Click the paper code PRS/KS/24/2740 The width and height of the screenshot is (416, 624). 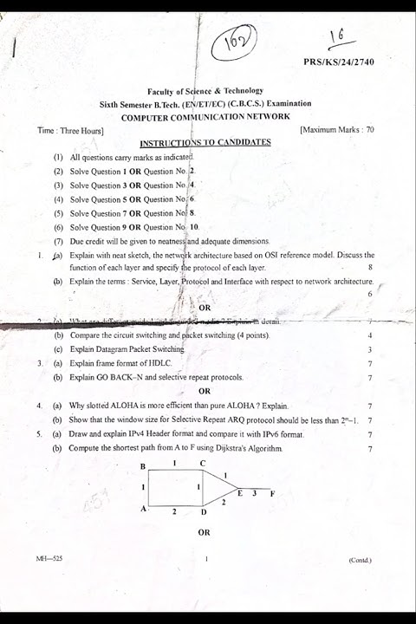[341, 62]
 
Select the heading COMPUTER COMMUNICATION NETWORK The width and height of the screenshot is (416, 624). [205, 116]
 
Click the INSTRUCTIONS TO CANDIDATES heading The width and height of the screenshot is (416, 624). [205, 142]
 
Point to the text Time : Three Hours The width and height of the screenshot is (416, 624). [71, 131]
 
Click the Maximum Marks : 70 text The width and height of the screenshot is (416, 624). [337, 130]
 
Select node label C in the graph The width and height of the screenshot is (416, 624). [203, 464]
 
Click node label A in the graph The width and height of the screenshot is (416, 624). [143, 509]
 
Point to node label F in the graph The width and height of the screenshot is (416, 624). [272, 493]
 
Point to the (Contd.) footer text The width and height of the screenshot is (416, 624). [360, 560]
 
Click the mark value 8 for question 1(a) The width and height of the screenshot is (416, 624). [370, 269]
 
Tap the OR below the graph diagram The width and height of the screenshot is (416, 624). [205, 532]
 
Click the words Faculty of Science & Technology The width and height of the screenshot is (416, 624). [205, 91]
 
